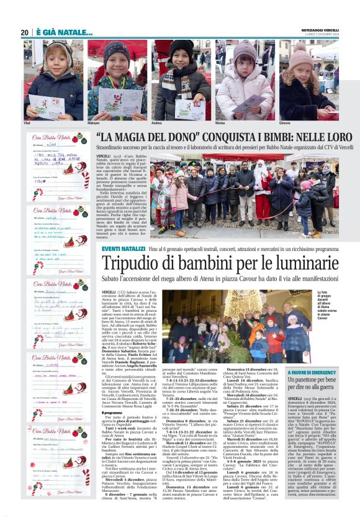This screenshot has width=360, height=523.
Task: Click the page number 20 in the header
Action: pos(24,32)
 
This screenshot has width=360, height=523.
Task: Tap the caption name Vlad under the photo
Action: pos(27,123)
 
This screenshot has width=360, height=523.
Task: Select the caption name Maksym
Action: pos(93,123)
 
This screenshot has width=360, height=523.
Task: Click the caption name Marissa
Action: pos(220,123)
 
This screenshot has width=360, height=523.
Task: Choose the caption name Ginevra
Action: pos(286,123)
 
